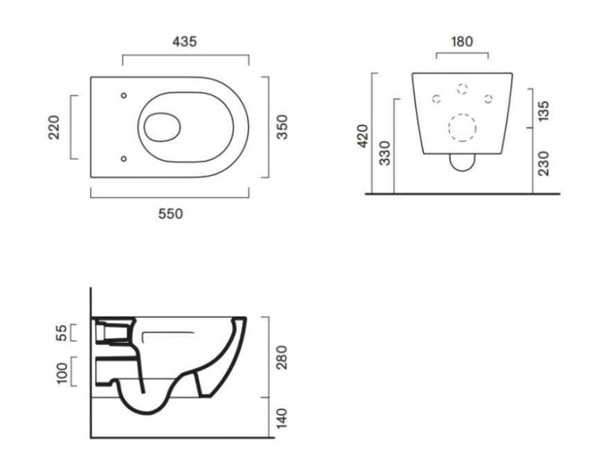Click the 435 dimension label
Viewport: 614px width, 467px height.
[x=184, y=42]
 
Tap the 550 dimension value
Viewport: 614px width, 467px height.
[x=170, y=214]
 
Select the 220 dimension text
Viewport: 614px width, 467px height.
[x=53, y=127]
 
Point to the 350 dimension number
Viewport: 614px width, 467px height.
[x=282, y=127]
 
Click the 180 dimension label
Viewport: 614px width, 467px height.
[x=462, y=42]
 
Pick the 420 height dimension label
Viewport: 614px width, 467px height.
[x=363, y=136]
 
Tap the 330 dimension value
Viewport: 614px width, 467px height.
[x=386, y=153]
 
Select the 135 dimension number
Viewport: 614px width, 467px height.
[x=543, y=111]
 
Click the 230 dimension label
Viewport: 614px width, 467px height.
[x=543, y=163]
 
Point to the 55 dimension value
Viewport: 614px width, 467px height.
[x=62, y=333]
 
